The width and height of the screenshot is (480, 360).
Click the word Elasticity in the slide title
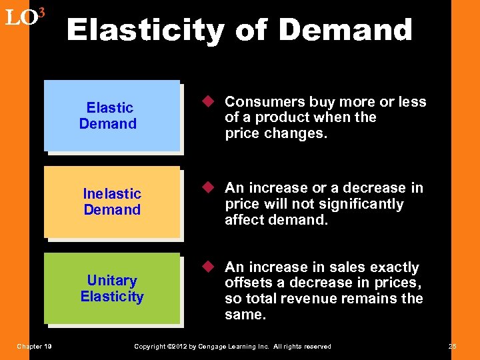click(x=146, y=30)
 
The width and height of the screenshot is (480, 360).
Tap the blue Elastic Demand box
click(x=112, y=116)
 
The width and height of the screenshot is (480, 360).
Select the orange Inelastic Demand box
click(x=112, y=202)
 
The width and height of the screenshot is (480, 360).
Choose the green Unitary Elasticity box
click(x=112, y=288)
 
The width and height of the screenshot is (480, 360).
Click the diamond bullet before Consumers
click(x=208, y=102)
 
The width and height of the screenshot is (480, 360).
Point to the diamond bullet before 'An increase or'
click(x=208, y=188)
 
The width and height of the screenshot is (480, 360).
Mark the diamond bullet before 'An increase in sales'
click(x=208, y=267)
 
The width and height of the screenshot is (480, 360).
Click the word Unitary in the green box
click(x=112, y=280)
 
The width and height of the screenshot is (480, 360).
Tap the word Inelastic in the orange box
click(x=112, y=194)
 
